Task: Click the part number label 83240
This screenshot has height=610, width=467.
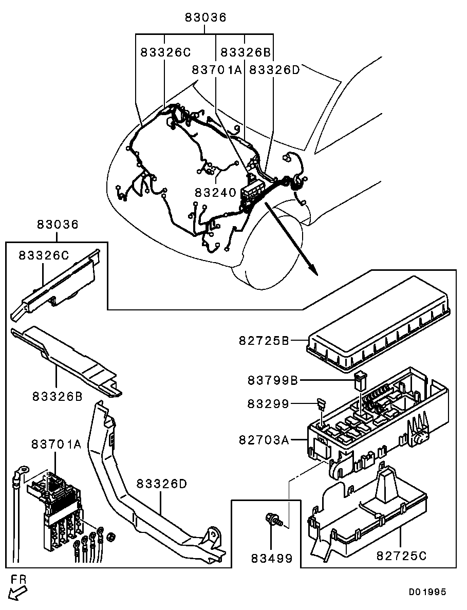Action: click(215, 193)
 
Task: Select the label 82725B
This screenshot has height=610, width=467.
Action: click(264, 340)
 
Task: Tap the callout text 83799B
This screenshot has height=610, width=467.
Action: click(273, 381)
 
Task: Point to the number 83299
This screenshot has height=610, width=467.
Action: click(269, 404)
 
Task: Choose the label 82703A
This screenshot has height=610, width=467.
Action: click(264, 440)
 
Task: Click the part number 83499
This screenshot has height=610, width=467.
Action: click(272, 558)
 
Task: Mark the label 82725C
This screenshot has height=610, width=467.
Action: click(402, 556)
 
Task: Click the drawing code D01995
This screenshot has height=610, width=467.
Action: click(427, 592)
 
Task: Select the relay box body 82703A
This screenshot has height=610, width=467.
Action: click(370, 421)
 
